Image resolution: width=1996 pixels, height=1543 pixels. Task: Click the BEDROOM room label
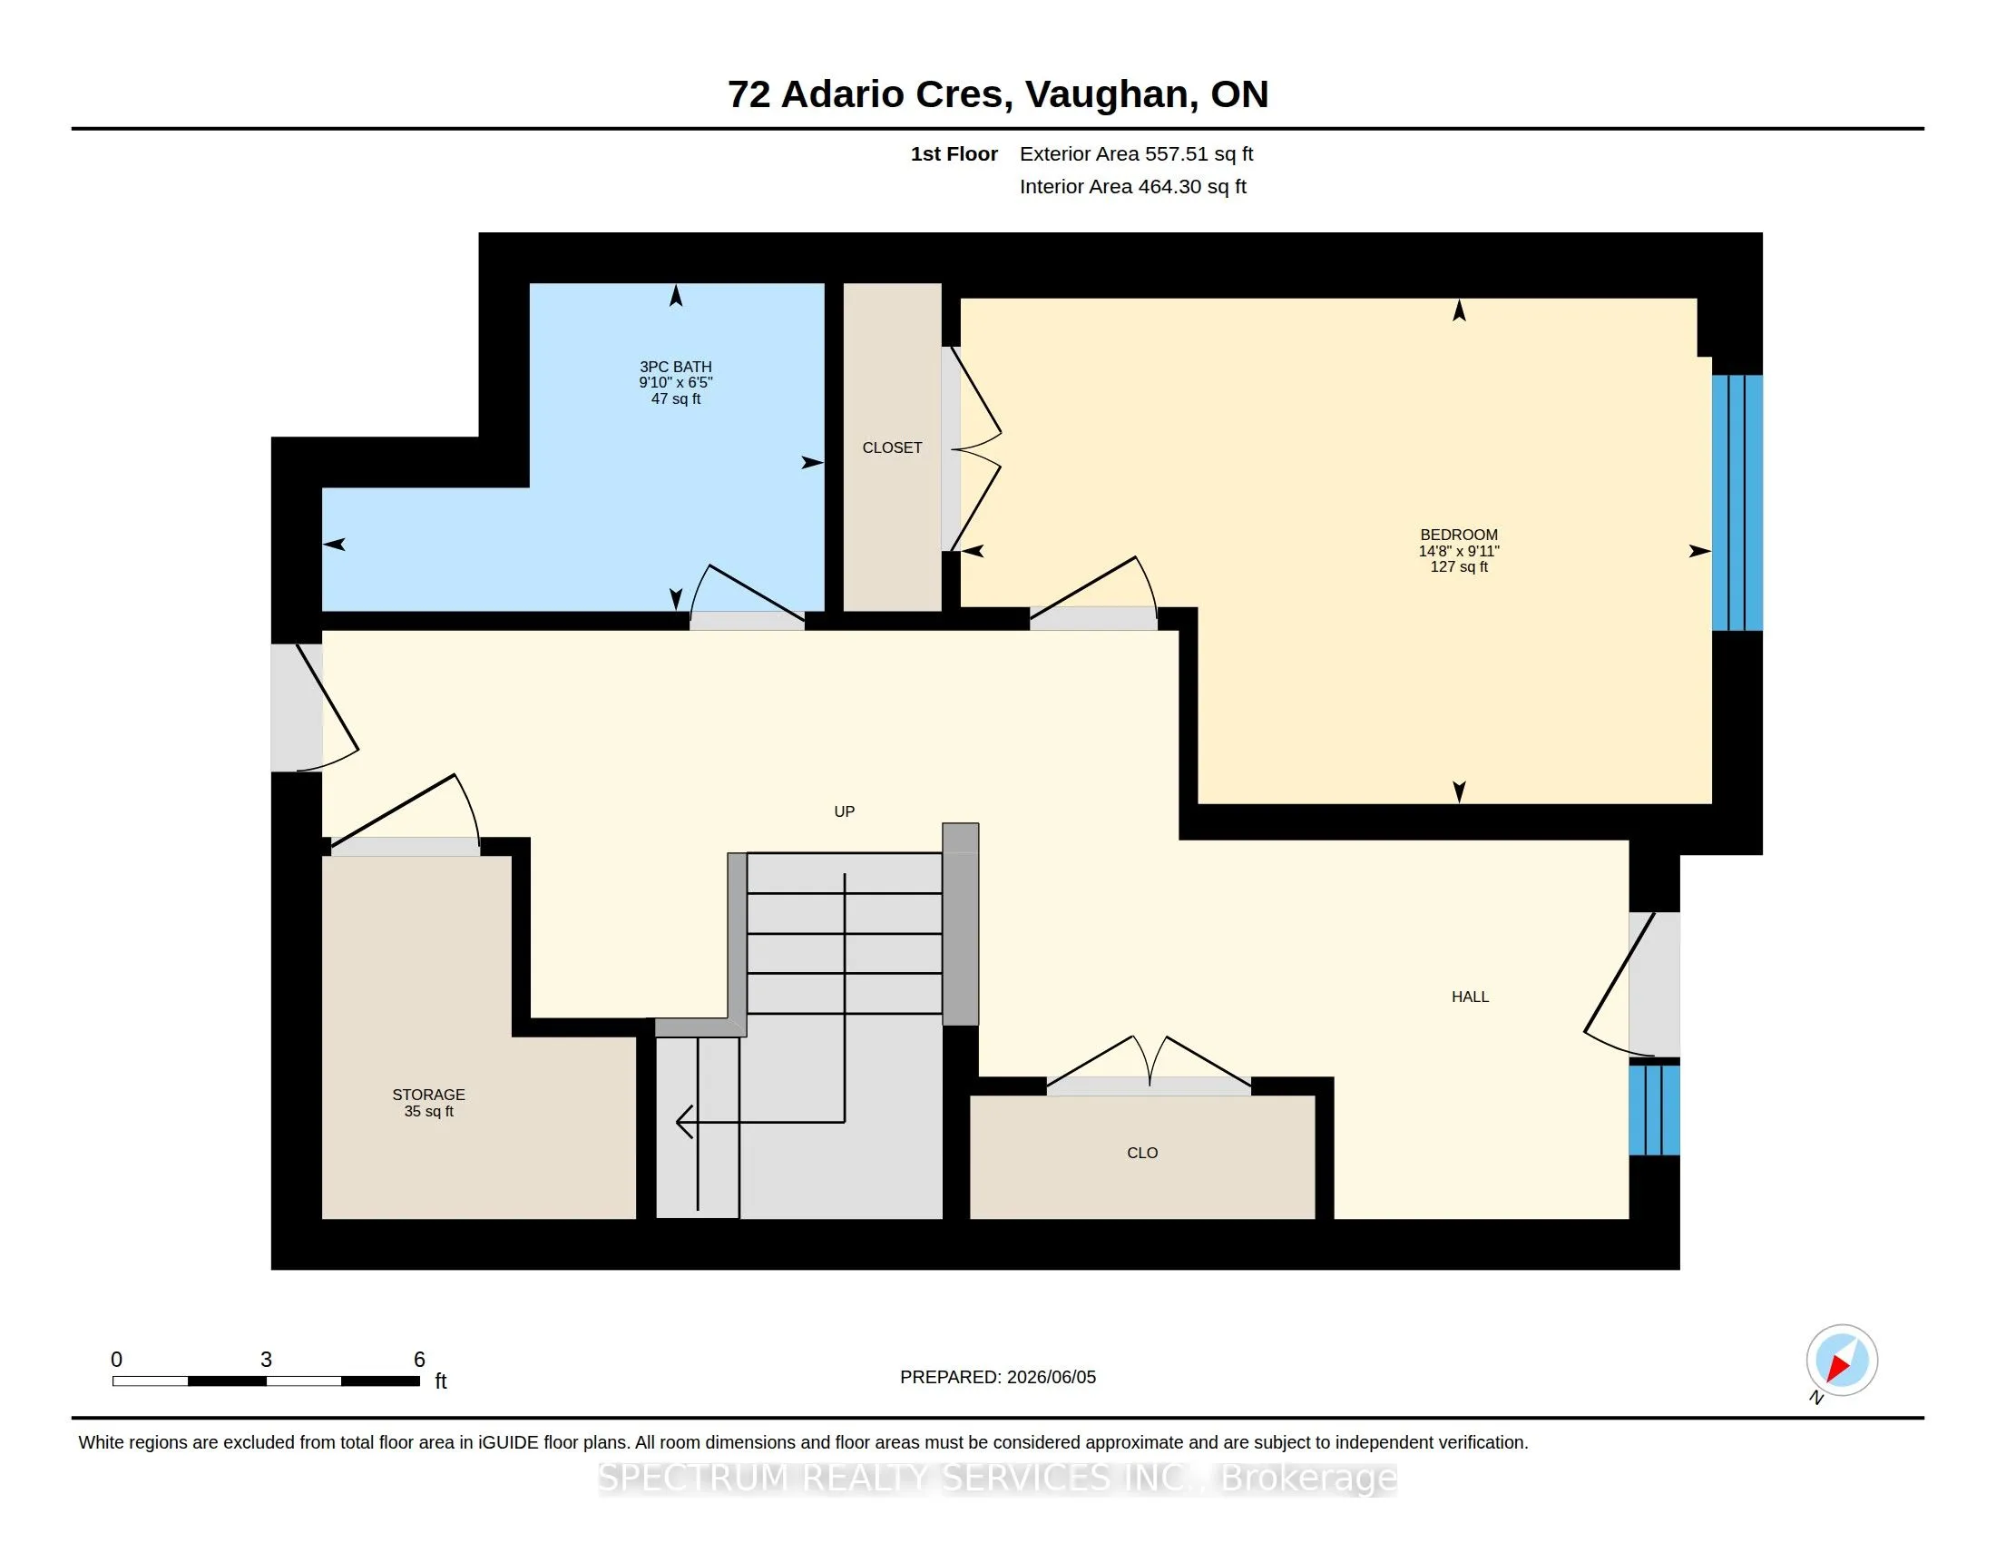click(x=1459, y=535)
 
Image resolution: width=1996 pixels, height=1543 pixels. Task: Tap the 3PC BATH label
click(x=675, y=367)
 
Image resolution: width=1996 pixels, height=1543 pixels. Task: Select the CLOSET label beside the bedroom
click(x=892, y=447)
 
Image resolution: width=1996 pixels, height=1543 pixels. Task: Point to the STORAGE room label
click(x=428, y=1095)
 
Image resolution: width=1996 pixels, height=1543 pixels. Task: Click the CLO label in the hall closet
click(x=1142, y=1153)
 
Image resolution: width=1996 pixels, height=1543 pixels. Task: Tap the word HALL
click(x=1470, y=997)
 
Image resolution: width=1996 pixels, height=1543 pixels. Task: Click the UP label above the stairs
click(x=845, y=811)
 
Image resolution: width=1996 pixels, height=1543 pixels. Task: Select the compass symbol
click(x=1842, y=1361)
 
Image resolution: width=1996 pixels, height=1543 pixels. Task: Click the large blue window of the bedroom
click(x=1737, y=503)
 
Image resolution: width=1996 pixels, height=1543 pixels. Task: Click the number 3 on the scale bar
click(x=266, y=1360)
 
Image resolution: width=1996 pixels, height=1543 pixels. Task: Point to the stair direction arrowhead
click(x=684, y=1122)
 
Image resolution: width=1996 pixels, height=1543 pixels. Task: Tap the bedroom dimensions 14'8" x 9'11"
click(x=1459, y=551)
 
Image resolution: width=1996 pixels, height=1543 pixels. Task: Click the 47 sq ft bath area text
click(x=675, y=398)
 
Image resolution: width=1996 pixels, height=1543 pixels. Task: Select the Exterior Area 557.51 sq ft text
click(x=1136, y=154)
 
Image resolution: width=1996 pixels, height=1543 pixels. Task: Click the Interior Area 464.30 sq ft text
click(x=1132, y=186)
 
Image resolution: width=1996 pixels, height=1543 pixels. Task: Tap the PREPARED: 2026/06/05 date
click(x=998, y=1377)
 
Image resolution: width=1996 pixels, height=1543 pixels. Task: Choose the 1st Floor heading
click(x=954, y=154)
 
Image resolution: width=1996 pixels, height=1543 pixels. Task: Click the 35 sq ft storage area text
click(x=428, y=1112)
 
